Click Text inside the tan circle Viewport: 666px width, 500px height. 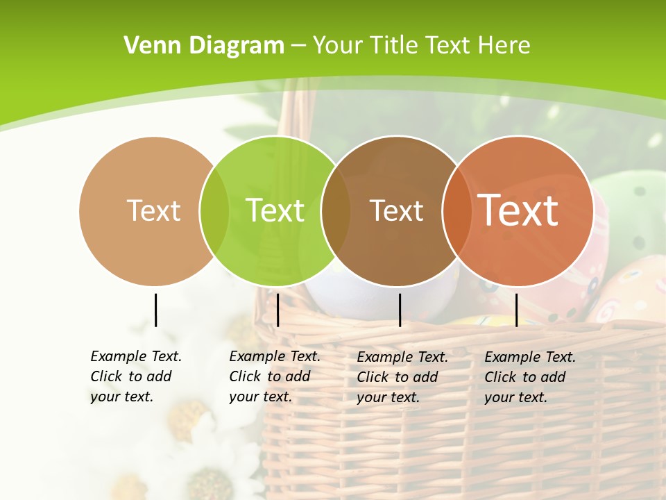pos(153,210)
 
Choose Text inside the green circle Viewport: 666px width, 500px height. pos(275,210)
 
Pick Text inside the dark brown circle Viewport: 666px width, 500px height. pos(396,210)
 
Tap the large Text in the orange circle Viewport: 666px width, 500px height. pos(518,210)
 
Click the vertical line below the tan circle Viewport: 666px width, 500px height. pos(155,310)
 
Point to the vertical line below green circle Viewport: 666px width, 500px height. pos(277,310)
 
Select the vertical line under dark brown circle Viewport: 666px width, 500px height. pos(400,310)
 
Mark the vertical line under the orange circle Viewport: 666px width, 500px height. pos(516,310)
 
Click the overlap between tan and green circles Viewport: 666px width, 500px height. pos(214,210)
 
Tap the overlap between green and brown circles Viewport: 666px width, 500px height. pos(336,210)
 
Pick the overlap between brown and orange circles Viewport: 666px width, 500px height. pos(456,210)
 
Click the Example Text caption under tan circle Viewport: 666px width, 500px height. pos(136,376)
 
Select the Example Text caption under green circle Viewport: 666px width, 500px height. pos(275,376)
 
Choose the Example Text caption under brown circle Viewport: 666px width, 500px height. pos(402,377)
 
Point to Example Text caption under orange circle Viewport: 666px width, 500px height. pos(530,377)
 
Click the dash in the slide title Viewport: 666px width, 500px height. pos(298,46)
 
